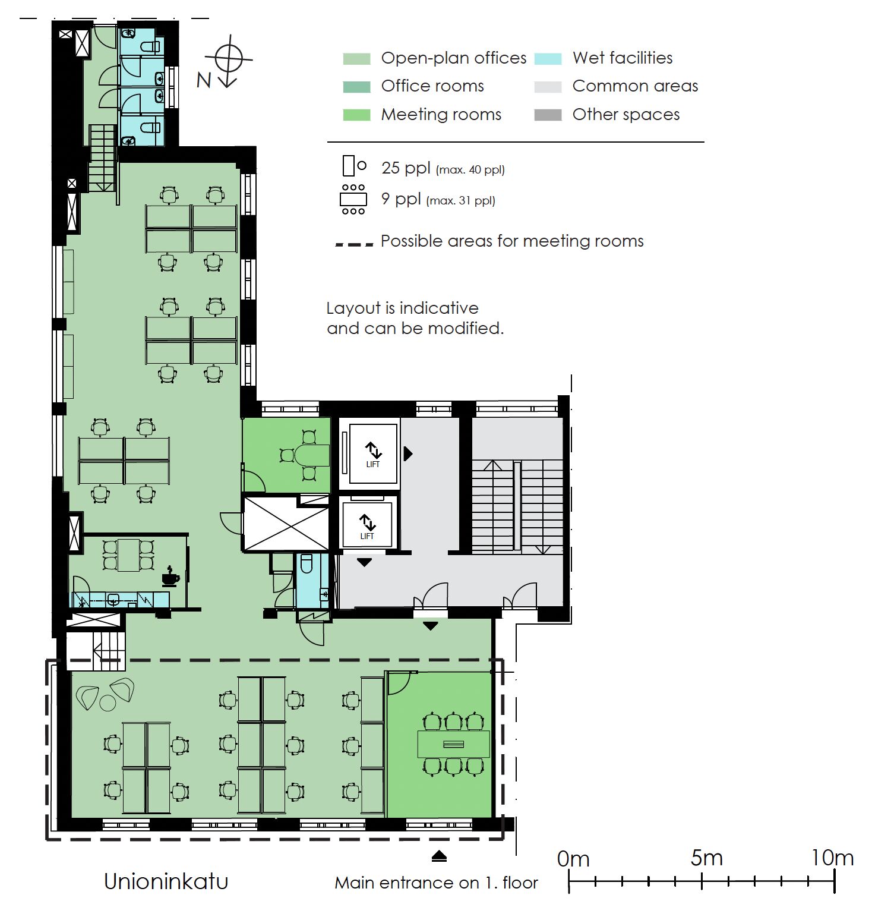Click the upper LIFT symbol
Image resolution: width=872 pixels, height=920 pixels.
point(373,454)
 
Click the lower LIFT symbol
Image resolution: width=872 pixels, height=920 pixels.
point(367,527)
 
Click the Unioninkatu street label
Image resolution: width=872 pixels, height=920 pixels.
point(166,881)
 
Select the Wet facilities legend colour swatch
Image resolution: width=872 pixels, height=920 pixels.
point(548,58)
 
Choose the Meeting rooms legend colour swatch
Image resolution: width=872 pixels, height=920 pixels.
point(356,115)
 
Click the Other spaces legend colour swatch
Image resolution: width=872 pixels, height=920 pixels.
point(548,115)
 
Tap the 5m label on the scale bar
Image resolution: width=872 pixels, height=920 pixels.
point(706,858)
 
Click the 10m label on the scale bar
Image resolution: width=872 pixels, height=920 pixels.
point(832,858)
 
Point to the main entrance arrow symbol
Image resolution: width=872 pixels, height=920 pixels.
point(439,856)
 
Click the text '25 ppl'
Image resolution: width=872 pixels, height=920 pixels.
point(406,168)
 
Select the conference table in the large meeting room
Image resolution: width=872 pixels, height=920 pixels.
point(454,744)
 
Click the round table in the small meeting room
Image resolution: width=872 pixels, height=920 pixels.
point(312,456)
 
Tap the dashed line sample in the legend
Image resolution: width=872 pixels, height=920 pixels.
point(354,244)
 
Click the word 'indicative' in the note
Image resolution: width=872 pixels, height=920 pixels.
point(439,308)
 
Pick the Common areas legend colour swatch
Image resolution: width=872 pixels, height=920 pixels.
point(548,87)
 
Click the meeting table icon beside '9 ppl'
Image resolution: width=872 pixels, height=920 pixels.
point(353,199)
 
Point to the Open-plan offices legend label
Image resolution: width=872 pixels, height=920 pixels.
point(454,58)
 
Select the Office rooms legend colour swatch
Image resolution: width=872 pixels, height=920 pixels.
point(356,87)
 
